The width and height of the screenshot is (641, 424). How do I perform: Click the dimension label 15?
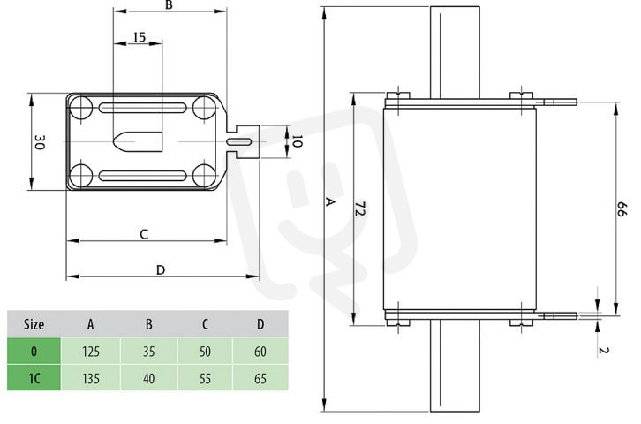pos(140,37)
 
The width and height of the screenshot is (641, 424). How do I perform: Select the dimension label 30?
pos(39,142)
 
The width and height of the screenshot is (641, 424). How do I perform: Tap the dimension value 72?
pos(359,208)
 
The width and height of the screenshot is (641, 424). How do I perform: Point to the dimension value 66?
pos(622,209)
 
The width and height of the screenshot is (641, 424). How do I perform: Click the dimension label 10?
pos(298,141)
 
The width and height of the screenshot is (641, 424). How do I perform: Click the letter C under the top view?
pos(144,234)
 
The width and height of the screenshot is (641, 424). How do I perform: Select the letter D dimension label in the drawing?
pos(161,269)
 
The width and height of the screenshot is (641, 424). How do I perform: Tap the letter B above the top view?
pos(169,5)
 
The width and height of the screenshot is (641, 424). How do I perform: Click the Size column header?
pos(34,324)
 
